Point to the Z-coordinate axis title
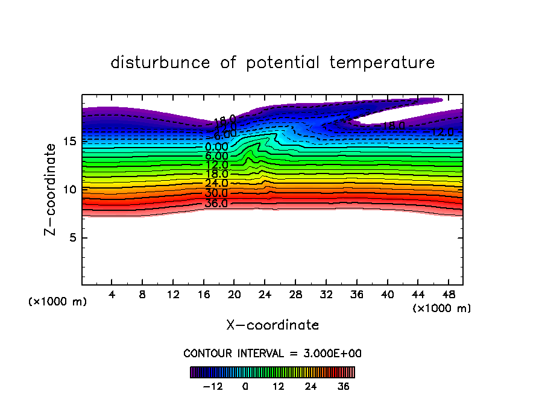click(x=52, y=189)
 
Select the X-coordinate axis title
click(x=272, y=325)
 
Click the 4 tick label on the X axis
click(x=112, y=295)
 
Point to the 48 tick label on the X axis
click(x=448, y=295)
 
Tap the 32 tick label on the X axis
click(x=326, y=295)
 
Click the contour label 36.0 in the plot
click(x=216, y=203)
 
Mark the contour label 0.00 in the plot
click(x=216, y=146)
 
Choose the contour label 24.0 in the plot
click(x=216, y=184)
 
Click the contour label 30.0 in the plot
click(x=216, y=193)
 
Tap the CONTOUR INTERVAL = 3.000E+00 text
click(x=272, y=353)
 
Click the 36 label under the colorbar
click(x=344, y=386)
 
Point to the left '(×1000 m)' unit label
click(x=58, y=302)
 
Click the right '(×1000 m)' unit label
click(x=442, y=308)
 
